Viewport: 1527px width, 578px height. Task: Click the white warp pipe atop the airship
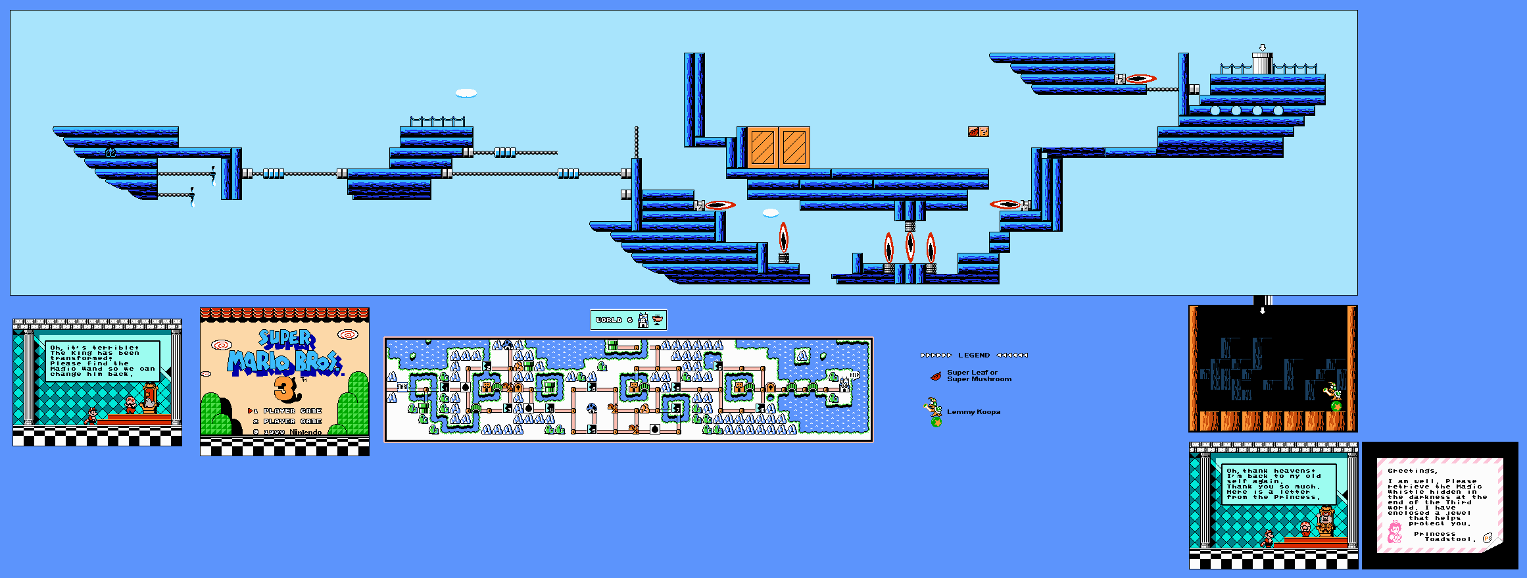pos(1262,64)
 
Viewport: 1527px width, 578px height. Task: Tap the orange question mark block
pos(984,132)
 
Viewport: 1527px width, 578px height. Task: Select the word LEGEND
pos(973,355)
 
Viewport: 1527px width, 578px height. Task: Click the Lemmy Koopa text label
pos(973,412)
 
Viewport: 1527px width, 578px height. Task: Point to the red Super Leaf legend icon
pos(936,376)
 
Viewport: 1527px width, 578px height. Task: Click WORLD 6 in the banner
pos(614,320)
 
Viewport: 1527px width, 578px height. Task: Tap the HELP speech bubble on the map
pos(854,375)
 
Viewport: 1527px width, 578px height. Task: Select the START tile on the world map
pos(402,387)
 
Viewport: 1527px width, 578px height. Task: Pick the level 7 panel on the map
pos(676,409)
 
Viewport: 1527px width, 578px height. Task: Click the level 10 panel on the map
pos(760,409)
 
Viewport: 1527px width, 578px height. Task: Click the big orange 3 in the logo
pos(286,389)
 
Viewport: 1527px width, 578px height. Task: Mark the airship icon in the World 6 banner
pos(657,320)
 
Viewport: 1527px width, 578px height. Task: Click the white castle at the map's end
pos(844,384)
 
